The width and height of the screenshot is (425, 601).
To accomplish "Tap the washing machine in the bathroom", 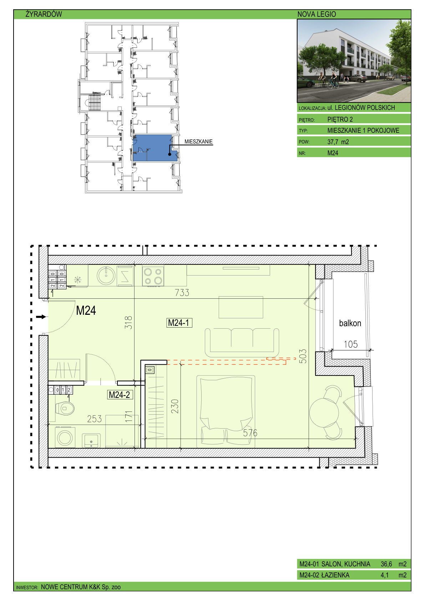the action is tap(65, 438).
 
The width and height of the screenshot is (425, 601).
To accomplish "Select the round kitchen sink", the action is tap(106, 276).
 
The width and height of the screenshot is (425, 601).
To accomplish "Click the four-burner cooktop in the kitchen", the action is tap(153, 276).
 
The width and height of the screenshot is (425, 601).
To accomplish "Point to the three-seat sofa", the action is tap(242, 342).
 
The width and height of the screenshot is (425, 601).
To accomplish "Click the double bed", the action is tap(226, 411).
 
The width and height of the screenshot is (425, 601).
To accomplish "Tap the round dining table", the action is tap(324, 413).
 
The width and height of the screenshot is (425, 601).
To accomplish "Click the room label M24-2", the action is tap(120, 395).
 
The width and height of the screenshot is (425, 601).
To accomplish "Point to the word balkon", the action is tap(350, 323).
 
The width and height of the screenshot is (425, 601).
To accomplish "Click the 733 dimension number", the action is tap(182, 292).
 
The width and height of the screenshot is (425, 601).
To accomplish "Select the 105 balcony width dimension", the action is tap(351, 344).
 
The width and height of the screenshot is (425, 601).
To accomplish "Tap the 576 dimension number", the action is tap(250, 433).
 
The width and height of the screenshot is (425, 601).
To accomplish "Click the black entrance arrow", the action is tap(41, 317).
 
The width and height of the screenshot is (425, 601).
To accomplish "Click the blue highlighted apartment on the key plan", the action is tap(155, 148).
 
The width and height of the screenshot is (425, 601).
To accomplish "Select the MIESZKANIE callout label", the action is tap(198, 142).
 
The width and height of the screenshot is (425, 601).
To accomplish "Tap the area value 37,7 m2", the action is tap(338, 142).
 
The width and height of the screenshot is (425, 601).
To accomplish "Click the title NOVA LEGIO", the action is tap(317, 14).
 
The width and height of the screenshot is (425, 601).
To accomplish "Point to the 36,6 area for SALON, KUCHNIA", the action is tap(386, 564).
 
